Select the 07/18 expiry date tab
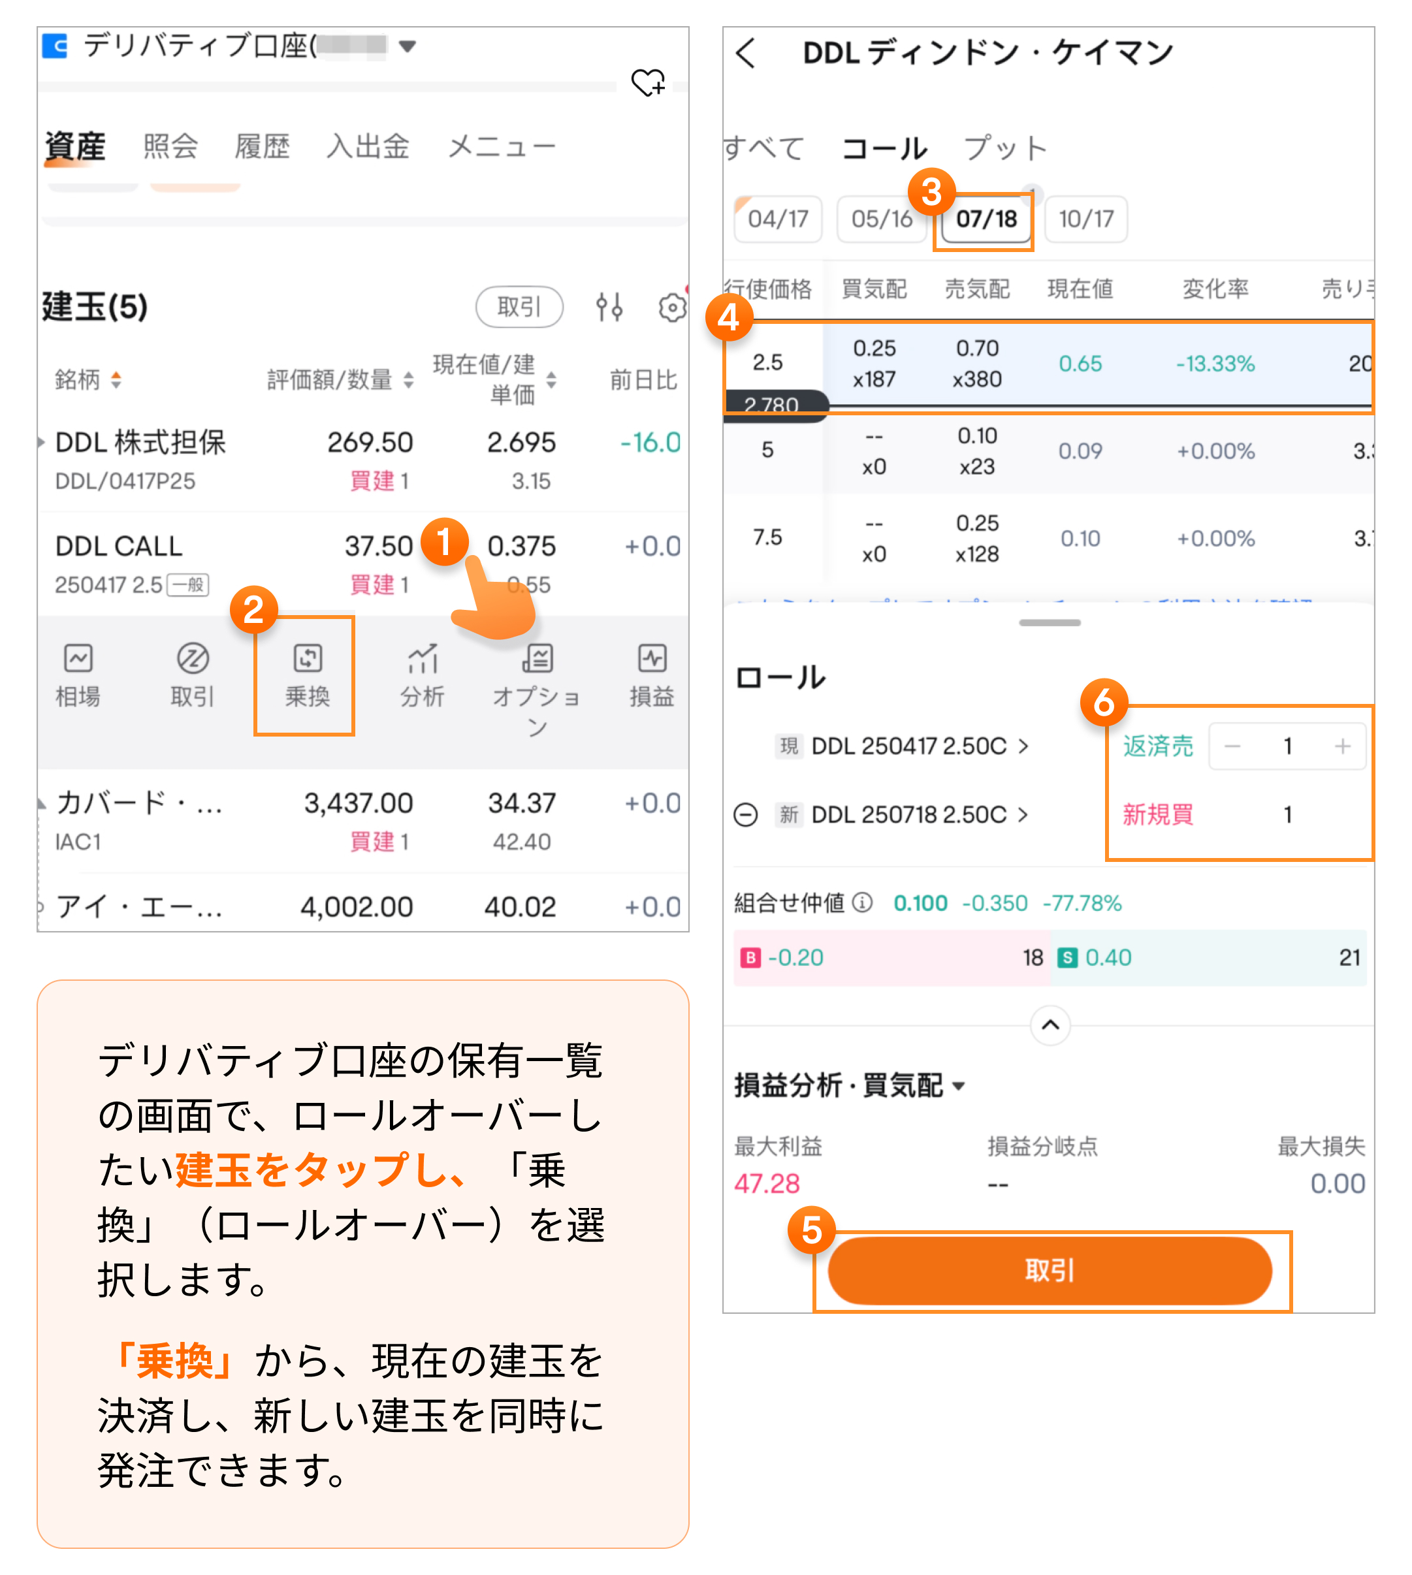986,219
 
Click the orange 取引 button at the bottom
1049,1270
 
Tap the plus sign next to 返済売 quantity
1342,746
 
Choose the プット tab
1004,148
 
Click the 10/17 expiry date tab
1085,219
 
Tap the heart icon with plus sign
648,82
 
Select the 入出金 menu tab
368,146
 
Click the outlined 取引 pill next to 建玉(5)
519,307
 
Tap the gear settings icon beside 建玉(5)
672,308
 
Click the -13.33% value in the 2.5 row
1215,364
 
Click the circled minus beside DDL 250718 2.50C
746,815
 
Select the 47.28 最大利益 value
767,1183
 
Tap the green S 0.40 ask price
1097,958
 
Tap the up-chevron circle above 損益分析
1050,1025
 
